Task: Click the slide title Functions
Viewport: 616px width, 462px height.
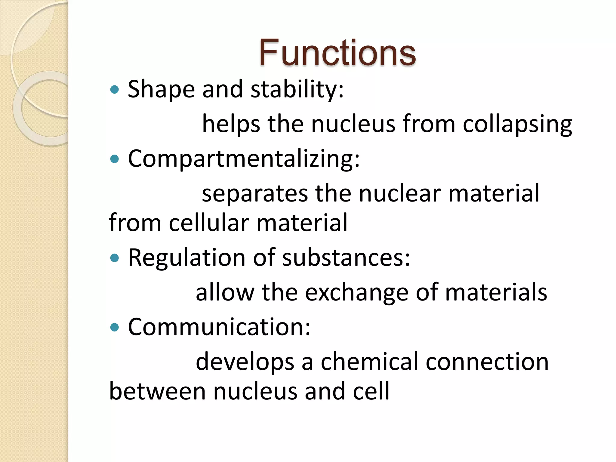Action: tap(337, 53)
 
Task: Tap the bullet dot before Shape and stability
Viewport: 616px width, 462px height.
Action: tap(115, 89)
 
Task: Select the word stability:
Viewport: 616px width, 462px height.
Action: tap(297, 89)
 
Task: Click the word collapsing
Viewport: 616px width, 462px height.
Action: tap(517, 124)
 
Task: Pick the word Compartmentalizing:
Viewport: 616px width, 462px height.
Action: tap(244, 159)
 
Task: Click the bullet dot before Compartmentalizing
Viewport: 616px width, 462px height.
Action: tap(115, 159)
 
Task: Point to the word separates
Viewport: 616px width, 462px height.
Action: tap(254, 193)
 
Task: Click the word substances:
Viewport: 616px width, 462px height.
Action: tap(346, 258)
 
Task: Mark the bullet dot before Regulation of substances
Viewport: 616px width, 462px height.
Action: tap(115, 258)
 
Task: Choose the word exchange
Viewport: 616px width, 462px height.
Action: tap(357, 292)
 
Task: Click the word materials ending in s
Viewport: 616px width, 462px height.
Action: tap(496, 292)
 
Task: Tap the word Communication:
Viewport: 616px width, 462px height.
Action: tap(219, 327)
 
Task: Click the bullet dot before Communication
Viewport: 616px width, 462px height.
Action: tap(115, 327)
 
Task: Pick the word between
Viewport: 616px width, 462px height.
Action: tap(157, 391)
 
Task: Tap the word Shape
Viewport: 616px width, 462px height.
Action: tap(161, 89)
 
